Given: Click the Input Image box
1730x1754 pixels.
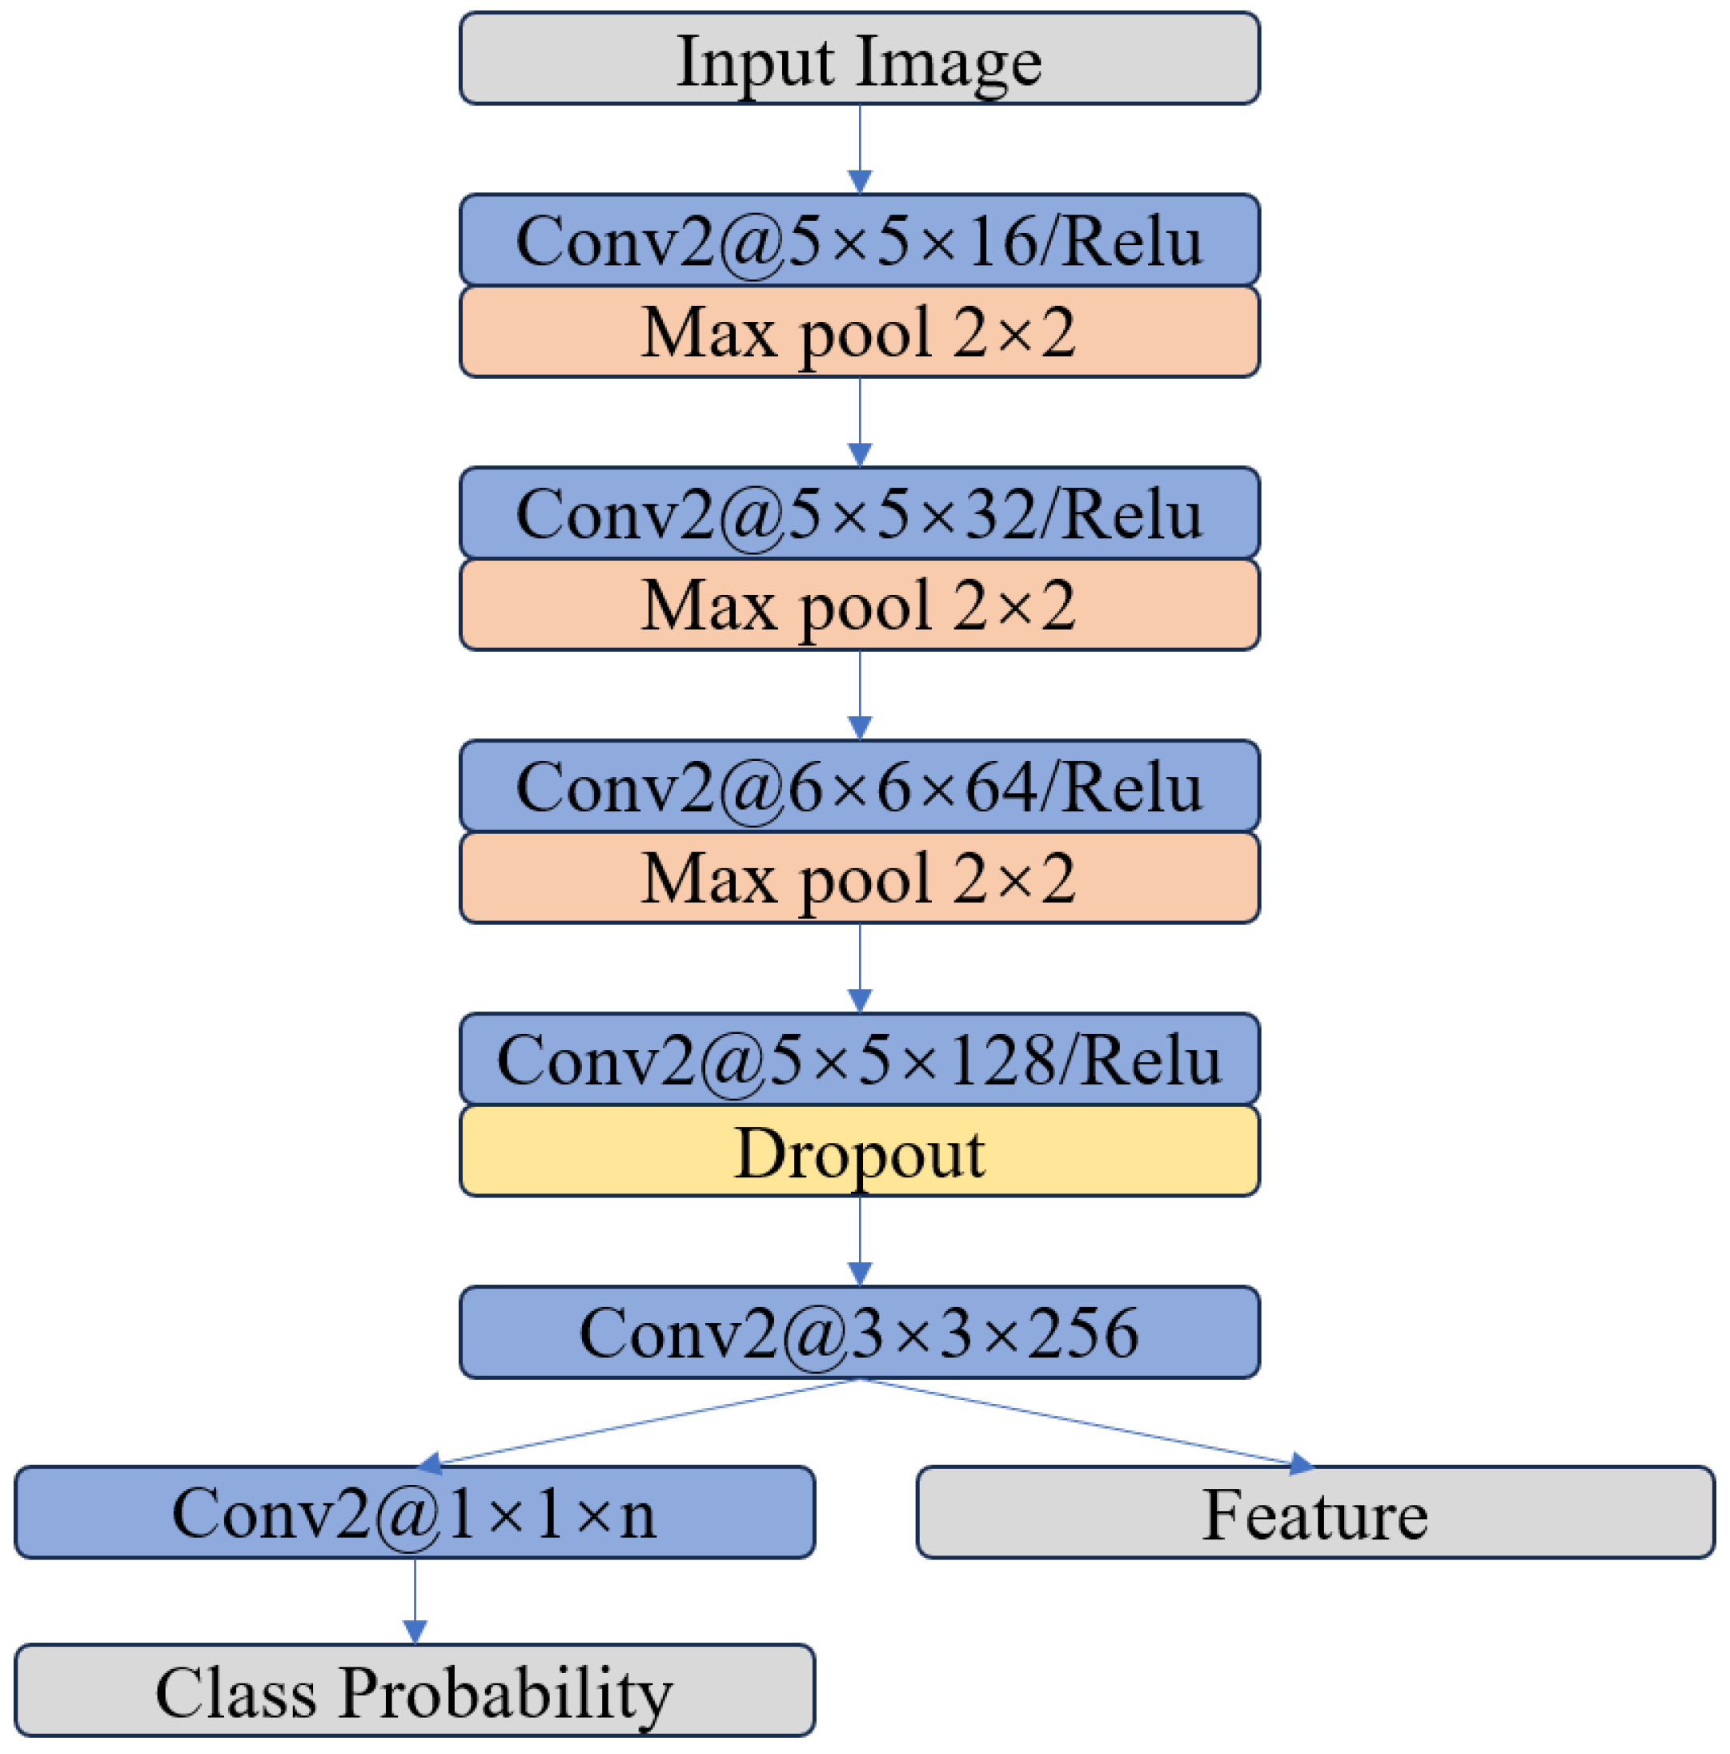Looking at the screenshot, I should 859,58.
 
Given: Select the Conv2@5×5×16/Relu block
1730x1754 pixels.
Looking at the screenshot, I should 859,239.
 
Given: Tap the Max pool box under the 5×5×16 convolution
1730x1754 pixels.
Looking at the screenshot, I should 859,332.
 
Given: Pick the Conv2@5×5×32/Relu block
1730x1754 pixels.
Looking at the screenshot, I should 859,512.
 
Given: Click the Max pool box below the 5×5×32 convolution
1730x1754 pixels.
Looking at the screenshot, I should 859,605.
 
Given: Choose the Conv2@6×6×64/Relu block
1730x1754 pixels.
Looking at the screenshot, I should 859,786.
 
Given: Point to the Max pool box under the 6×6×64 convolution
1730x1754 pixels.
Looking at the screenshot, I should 859,878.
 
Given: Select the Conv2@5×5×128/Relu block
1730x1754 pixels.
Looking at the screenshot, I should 859,1059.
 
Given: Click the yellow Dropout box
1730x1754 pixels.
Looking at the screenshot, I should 859,1151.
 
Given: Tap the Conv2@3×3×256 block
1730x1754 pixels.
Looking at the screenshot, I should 859,1332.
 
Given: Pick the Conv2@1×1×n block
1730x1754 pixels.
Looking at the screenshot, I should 414,1512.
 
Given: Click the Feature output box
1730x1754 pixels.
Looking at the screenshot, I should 1315,1512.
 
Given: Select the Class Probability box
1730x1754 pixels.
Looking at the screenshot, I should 414,1692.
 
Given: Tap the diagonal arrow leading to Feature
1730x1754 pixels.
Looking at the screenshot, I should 1090,1421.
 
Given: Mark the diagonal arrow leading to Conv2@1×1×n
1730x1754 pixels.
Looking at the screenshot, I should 636,1421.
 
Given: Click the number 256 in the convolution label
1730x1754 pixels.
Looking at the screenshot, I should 1083,1332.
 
